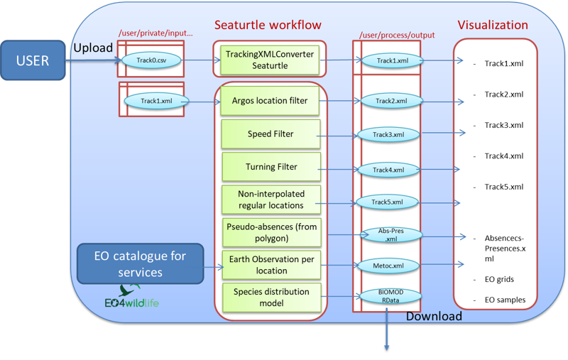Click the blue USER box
(x=33, y=60)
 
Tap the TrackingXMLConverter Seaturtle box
(x=269, y=59)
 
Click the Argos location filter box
(x=270, y=101)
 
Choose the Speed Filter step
(x=270, y=133)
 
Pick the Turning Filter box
(x=270, y=167)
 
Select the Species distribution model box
(x=270, y=298)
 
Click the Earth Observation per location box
(x=270, y=265)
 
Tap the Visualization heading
(x=493, y=25)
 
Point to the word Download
(x=434, y=316)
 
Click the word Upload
(x=93, y=47)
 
